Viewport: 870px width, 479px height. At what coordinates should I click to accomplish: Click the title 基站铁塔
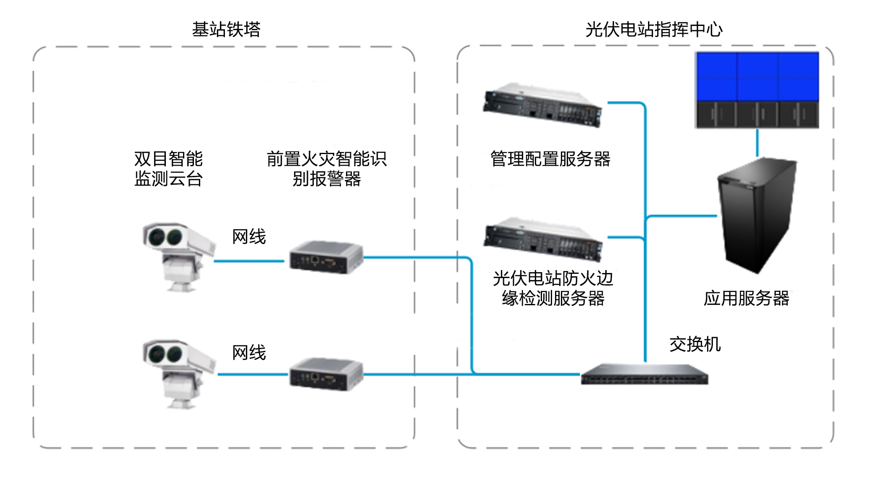pos(226,29)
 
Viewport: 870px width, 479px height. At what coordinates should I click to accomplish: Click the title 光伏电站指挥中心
pos(654,29)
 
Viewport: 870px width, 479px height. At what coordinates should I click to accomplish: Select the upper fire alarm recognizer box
pos(326,257)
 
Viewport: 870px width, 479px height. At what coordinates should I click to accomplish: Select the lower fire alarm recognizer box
pos(326,374)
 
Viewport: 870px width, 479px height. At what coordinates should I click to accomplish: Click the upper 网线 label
pos(249,237)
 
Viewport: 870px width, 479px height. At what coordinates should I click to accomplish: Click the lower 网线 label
pos(249,353)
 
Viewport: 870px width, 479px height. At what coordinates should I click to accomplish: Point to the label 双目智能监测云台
pos(168,169)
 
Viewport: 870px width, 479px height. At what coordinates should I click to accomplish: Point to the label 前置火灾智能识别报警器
pos(327,169)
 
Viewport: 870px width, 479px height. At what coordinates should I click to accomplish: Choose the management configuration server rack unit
pos(543,105)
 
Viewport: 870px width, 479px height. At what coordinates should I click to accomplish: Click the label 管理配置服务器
pos(550,159)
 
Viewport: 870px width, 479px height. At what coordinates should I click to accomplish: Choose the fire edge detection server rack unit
pos(543,239)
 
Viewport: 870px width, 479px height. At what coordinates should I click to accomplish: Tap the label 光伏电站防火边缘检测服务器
pos(553,288)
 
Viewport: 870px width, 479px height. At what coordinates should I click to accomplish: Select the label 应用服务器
pos(746,299)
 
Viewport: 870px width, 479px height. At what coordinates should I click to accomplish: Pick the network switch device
pos(644,374)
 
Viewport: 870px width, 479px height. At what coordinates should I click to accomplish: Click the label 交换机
pos(695,345)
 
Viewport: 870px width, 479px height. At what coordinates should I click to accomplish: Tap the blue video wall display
pos(757,90)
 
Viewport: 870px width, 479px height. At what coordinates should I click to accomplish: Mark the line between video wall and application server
pos(757,143)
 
